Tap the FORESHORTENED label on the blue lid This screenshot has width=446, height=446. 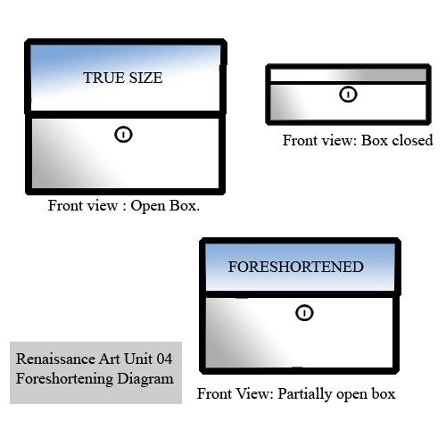tap(296, 267)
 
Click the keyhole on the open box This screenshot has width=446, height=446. tap(123, 135)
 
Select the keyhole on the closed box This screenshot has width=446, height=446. tap(348, 95)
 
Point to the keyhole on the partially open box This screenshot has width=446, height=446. tap(304, 313)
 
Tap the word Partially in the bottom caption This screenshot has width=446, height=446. tap(305, 394)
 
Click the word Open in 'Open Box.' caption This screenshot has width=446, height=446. tap(148, 206)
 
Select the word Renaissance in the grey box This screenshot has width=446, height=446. tap(55, 359)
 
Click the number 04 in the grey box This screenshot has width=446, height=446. tap(164, 359)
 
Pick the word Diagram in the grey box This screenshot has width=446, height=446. tap(145, 379)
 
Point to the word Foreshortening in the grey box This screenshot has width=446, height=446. tap(64, 379)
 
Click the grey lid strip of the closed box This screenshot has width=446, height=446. tap(348, 75)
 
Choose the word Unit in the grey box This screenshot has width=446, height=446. tap(138, 359)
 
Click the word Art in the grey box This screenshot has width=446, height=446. tap(110, 359)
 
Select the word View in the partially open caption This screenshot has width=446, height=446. tap(256, 394)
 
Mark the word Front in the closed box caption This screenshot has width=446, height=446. tap(298, 140)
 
